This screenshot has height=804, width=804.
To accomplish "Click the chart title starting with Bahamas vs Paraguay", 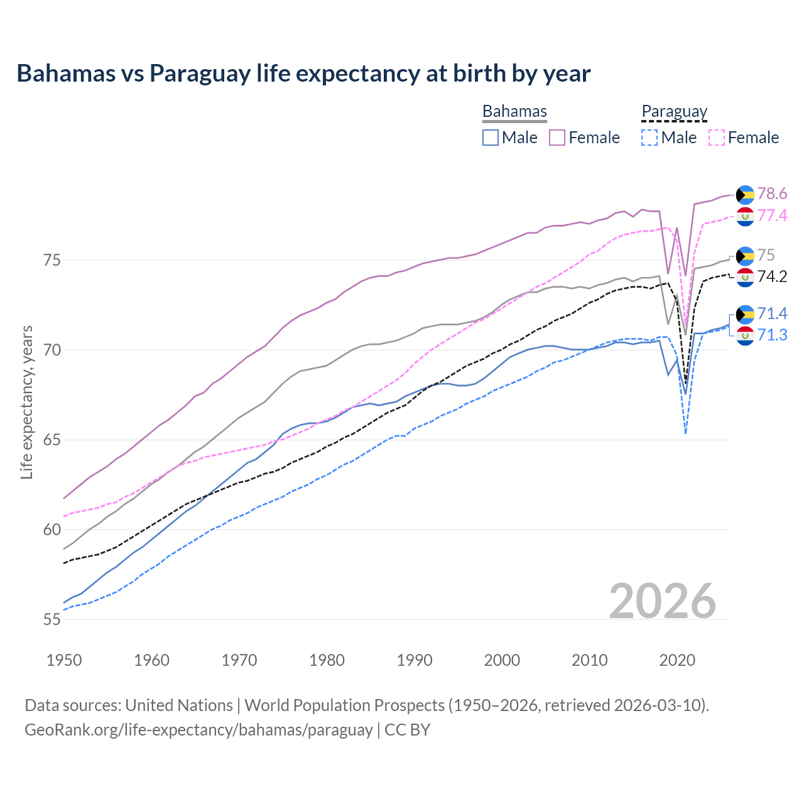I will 303,73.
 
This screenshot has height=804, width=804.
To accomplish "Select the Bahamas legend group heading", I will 514,111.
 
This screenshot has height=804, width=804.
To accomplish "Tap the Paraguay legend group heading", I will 674,111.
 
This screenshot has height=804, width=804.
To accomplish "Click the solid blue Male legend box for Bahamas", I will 491,138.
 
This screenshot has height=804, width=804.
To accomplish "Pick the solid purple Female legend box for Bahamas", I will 557,138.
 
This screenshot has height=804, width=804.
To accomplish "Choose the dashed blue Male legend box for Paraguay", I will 649,138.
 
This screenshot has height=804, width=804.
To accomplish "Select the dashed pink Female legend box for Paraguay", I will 716,138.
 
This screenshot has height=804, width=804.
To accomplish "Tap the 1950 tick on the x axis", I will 64,660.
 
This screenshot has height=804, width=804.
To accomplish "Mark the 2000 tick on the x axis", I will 502,660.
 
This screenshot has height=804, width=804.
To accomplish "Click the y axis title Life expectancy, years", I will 26,402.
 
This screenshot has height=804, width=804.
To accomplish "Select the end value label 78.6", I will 772,193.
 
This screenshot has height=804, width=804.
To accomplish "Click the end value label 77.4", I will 772,215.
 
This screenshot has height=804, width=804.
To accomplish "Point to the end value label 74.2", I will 772,277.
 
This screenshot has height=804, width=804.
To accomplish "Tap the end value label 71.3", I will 772,335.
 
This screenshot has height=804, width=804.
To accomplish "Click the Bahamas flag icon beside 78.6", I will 745,194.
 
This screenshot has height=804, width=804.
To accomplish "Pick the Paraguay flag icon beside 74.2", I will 745,277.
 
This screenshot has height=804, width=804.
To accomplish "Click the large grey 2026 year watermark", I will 662,601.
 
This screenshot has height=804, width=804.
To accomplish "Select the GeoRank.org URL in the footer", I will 198,730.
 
